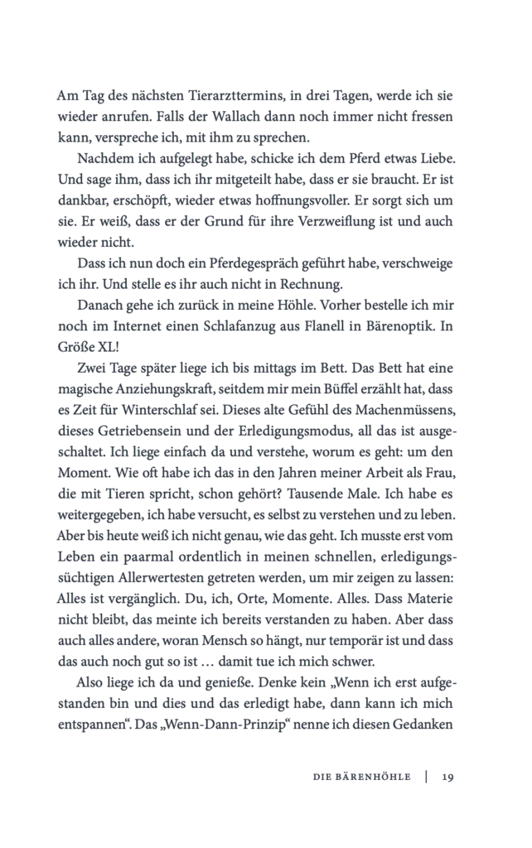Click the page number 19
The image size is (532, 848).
pos(447,777)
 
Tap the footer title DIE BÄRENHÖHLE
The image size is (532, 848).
pos(361,777)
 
